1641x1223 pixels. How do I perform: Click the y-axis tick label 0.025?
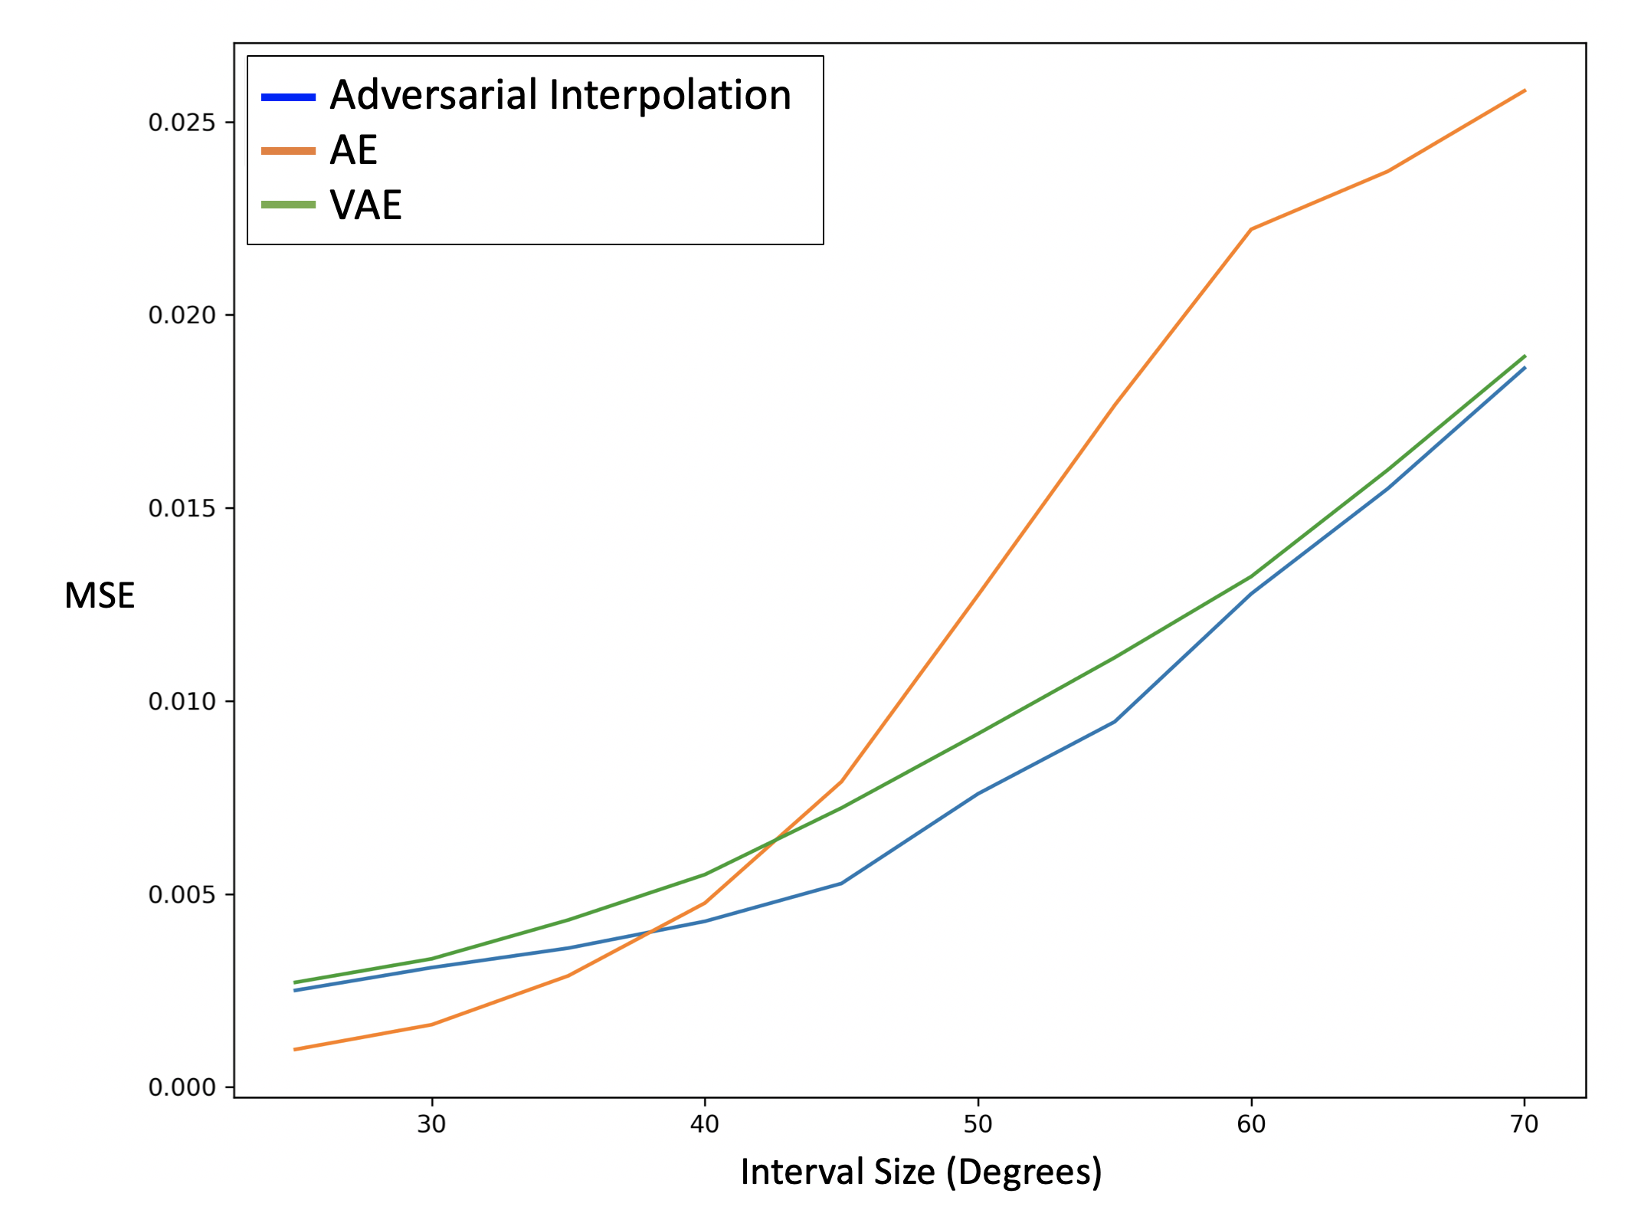click(181, 123)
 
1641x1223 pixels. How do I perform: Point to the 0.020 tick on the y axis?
click(181, 315)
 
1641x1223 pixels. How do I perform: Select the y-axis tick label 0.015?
click(181, 508)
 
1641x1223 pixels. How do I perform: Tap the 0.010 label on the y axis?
click(181, 701)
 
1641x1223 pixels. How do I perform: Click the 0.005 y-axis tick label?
click(181, 894)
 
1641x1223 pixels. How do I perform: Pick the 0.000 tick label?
click(181, 1087)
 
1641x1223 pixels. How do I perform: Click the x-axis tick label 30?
click(431, 1124)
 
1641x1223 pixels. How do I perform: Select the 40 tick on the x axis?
click(704, 1124)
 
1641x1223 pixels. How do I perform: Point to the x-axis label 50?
click(978, 1124)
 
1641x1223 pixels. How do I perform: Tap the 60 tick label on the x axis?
click(1251, 1124)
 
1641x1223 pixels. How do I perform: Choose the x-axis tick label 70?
click(1524, 1124)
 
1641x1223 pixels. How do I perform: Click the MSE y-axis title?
click(100, 595)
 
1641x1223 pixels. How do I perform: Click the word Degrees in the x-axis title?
click(1024, 1172)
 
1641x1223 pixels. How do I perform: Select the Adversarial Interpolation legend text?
click(560, 96)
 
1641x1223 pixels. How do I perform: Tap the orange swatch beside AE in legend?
click(288, 151)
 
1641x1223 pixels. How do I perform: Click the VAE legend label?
click(365, 205)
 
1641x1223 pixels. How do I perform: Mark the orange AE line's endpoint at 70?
click(1524, 90)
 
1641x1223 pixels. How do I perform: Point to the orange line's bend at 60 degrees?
click(1251, 229)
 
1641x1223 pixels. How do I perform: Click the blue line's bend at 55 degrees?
click(1115, 721)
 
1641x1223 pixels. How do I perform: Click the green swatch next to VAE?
click(288, 205)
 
